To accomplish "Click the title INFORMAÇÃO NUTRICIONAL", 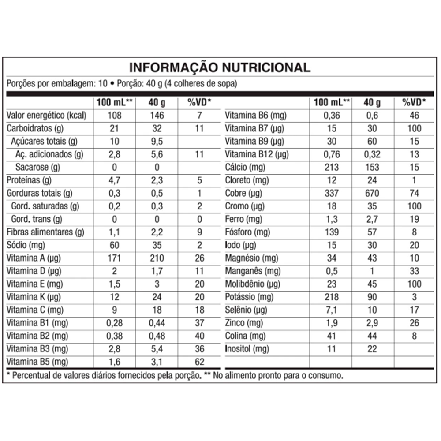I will click(x=219, y=67).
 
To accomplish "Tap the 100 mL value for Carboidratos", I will click(x=114, y=129).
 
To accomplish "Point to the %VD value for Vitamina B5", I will click(x=199, y=362).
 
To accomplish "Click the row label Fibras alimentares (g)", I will click(x=45, y=232).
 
